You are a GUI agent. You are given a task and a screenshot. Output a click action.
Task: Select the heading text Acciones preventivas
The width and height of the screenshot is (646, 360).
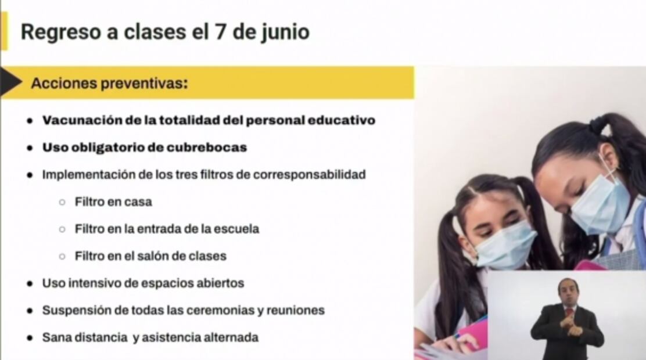point(109,84)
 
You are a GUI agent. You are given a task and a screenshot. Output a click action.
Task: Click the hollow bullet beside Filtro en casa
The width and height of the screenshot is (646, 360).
point(62,202)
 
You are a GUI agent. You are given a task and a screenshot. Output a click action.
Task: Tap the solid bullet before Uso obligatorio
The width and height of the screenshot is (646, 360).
point(30,148)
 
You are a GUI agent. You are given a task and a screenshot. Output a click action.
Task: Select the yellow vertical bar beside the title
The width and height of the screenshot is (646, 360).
point(4,31)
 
